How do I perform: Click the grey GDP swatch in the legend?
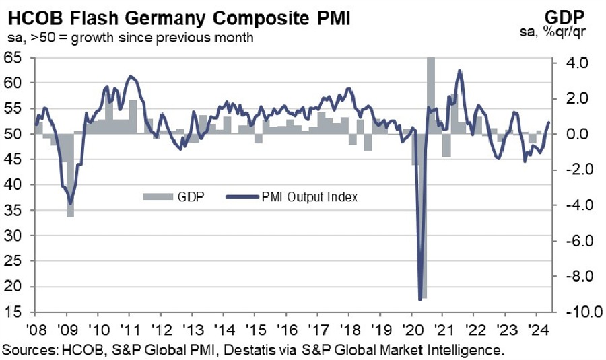tap(158, 197)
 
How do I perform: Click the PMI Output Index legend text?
tap(310, 197)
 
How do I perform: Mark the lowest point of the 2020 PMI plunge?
tap(420, 299)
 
